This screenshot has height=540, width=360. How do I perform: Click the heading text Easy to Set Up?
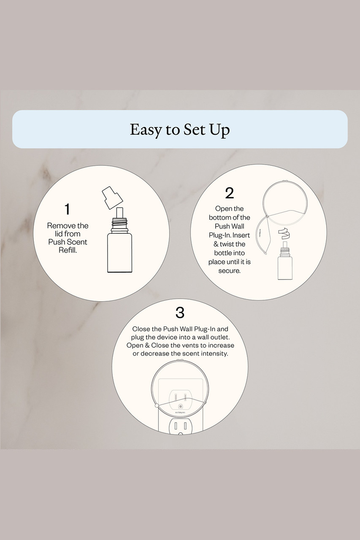click(x=180, y=130)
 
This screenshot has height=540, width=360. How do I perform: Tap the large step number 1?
click(x=68, y=209)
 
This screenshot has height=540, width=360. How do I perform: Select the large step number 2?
click(x=229, y=193)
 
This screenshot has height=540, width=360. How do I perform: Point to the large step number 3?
click(x=180, y=313)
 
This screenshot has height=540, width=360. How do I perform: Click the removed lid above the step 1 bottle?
click(x=112, y=197)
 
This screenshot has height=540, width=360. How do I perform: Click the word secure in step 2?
click(x=229, y=271)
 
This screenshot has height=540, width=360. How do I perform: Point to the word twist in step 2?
click(x=229, y=244)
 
